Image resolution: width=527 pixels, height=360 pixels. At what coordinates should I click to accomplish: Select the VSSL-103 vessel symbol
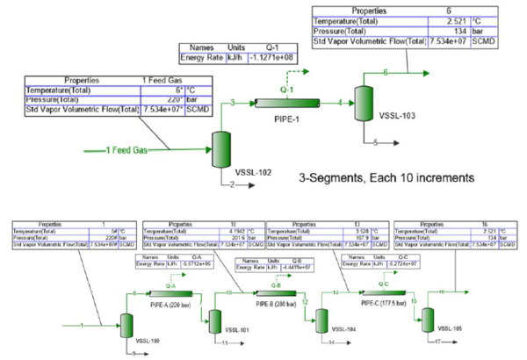(361, 104)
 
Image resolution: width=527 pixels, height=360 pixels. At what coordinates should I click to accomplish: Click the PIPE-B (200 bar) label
(273, 303)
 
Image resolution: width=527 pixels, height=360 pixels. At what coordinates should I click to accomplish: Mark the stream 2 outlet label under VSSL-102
(233, 185)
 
